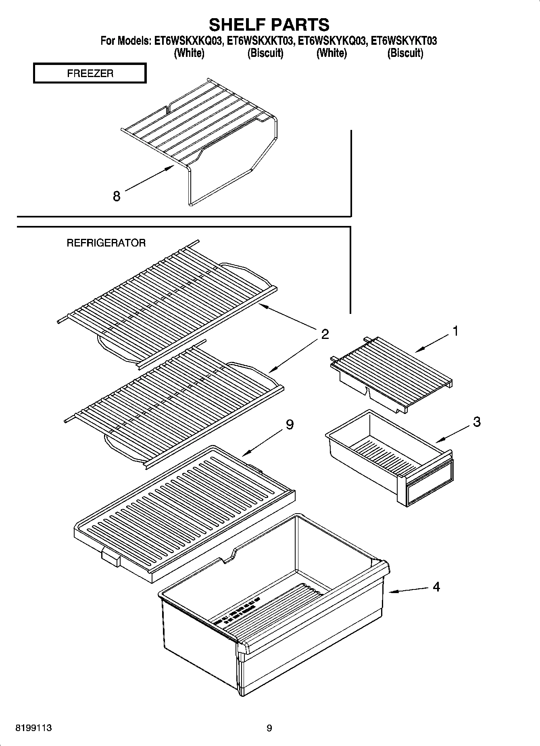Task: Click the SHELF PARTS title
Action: click(x=269, y=25)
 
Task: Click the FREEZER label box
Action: click(x=90, y=73)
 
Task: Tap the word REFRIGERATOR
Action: click(x=106, y=243)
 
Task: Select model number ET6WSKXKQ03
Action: click(x=188, y=41)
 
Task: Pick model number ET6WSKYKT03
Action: click(x=404, y=41)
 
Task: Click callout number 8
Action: click(x=117, y=196)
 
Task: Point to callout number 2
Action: click(x=325, y=334)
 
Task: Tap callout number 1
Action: click(x=455, y=331)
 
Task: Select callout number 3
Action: click(x=476, y=422)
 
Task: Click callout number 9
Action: click(x=290, y=424)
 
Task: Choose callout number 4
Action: click(x=436, y=587)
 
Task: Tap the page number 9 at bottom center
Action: click(x=269, y=728)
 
